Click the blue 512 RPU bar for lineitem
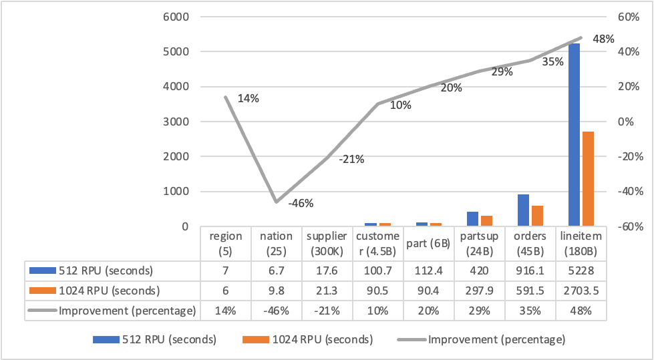click(574, 134)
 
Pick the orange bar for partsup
click(487, 220)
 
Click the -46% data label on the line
click(300, 204)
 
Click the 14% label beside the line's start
click(248, 98)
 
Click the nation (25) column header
click(276, 243)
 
